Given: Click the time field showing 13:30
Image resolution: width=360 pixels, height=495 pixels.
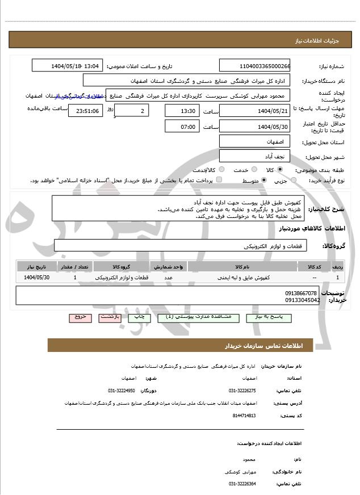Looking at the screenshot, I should (182, 110).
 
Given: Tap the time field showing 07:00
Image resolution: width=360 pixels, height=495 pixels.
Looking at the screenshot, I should (182, 126).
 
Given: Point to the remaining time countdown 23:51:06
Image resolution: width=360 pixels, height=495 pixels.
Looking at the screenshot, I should (85, 111).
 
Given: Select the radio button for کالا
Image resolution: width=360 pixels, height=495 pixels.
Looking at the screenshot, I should (280, 170).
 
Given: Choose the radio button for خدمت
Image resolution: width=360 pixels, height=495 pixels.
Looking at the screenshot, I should (254, 170).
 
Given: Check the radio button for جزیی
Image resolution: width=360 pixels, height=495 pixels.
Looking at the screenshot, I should (294, 180).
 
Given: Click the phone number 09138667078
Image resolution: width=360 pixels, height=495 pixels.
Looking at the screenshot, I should (302, 293).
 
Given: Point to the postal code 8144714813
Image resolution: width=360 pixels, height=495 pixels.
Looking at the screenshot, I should (245, 415).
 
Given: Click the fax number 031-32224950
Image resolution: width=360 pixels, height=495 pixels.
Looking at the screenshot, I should (122, 391).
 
